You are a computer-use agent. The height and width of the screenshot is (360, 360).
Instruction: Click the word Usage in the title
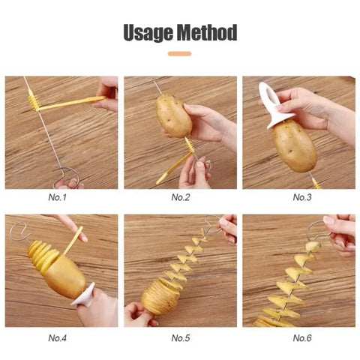point(148,33)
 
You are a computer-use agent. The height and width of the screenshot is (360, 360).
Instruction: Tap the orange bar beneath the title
point(179,53)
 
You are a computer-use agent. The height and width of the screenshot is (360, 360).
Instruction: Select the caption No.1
point(58,197)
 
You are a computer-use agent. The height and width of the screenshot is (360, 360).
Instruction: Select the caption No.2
point(181,197)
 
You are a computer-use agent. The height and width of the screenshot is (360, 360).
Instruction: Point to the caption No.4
point(58,337)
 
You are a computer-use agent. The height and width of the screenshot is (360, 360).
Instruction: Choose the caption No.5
point(181,337)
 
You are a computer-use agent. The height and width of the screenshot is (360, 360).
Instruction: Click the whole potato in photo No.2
point(173,115)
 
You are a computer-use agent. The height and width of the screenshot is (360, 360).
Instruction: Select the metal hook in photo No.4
point(16,229)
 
